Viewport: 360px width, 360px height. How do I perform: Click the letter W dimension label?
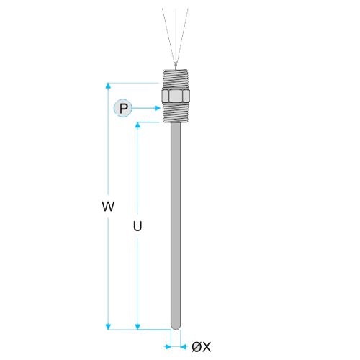click(x=108, y=206)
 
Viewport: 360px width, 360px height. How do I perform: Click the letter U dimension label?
click(x=138, y=226)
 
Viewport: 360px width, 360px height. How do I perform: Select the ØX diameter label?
click(x=202, y=347)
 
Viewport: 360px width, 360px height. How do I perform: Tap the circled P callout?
click(x=123, y=108)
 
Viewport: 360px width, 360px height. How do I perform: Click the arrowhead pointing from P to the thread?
click(x=158, y=108)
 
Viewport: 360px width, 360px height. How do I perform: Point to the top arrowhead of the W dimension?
click(x=108, y=86)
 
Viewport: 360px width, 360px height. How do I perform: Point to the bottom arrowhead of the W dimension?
click(x=108, y=327)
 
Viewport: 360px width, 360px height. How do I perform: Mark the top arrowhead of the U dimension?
click(x=138, y=125)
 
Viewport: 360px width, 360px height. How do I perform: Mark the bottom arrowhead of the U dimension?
click(x=138, y=327)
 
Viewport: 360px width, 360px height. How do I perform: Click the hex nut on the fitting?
click(x=176, y=96)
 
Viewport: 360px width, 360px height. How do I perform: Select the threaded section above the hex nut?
click(x=176, y=79)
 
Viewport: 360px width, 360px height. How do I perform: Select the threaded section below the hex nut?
click(x=176, y=112)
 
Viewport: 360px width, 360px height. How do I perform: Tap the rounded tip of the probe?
click(x=176, y=327)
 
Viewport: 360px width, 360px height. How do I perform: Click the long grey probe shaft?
click(x=176, y=225)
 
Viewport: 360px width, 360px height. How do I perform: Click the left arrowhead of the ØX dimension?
click(x=168, y=347)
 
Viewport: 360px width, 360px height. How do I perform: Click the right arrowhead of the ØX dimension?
click(x=184, y=347)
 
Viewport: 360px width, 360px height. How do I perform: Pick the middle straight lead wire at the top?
click(x=176, y=35)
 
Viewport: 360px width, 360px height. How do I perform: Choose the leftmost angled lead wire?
click(x=169, y=35)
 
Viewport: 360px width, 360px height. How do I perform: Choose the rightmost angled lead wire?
click(x=182, y=35)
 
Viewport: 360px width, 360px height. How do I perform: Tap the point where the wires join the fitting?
click(x=176, y=66)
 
